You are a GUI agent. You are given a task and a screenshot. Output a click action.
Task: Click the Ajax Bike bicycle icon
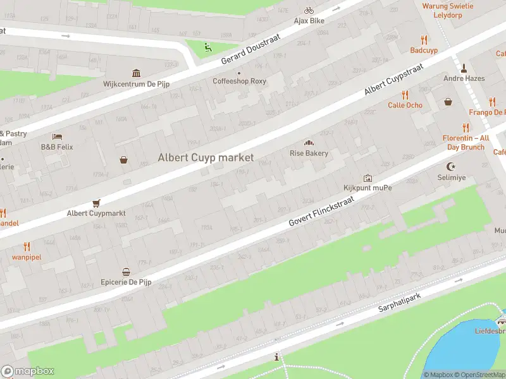click(x=309, y=10)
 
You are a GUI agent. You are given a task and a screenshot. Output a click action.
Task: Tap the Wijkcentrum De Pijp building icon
click(x=136, y=73)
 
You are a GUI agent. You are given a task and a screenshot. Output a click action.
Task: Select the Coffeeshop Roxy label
click(x=239, y=81)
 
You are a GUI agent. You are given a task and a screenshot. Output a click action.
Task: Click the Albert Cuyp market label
click(x=206, y=157)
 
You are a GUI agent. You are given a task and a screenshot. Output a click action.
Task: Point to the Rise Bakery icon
click(x=309, y=143)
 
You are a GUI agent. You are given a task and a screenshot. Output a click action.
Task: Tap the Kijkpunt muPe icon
click(x=367, y=178)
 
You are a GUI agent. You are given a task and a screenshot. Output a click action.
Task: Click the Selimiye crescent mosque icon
click(x=451, y=167)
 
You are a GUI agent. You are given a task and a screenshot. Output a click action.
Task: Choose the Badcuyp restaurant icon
click(x=424, y=39)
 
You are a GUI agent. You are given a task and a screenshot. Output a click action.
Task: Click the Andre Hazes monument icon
click(x=464, y=68)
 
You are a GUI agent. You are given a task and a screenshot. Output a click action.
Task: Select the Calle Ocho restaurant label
click(x=405, y=105)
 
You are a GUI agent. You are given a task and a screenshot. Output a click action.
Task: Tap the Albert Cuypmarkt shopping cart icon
click(x=96, y=203)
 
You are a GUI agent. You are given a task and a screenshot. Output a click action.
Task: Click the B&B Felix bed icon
click(x=57, y=136)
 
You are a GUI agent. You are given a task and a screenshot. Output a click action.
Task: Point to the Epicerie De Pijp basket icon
click(x=126, y=272)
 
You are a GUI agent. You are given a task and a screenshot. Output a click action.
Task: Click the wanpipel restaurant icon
click(x=26, y=246)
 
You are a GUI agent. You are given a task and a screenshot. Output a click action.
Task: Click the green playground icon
click(x=207, y=45)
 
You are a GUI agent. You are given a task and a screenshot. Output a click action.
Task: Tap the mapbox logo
click(x=28, y=371)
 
